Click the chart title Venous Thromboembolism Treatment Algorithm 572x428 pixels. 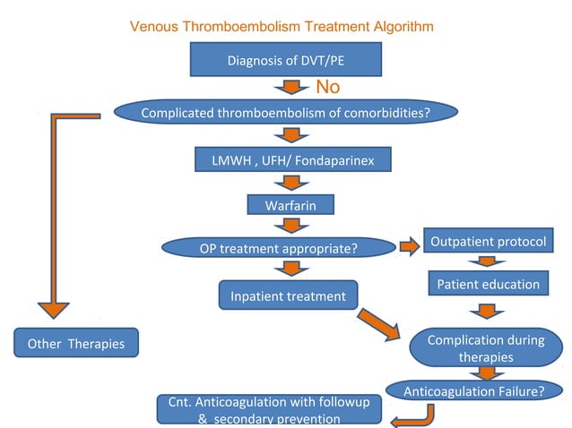pyautogui.click(x=282, y=27)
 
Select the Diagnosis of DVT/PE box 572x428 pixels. pyautogui.click(x=286, y=60)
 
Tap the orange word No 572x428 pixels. pyautogui.click(x=328, y=87)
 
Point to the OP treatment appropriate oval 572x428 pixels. pyautogui.click(x=278, y=247)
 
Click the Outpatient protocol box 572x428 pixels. pyautogui.click(x=485, y=243)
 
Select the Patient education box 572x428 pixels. pyautogui.click(x=488, y=284)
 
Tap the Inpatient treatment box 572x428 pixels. pyautogui.click(x=288, y=295)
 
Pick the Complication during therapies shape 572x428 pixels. pyautogui.click(x=484, y=348)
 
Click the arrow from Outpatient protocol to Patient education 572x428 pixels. pyautogui.click(x=485, y=263)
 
